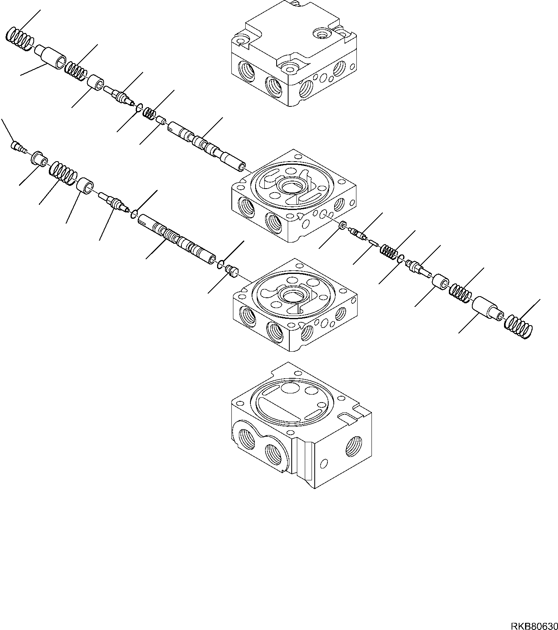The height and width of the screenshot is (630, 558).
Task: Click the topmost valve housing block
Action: coord(294,60)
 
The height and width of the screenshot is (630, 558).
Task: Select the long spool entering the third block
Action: coord(177,240)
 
